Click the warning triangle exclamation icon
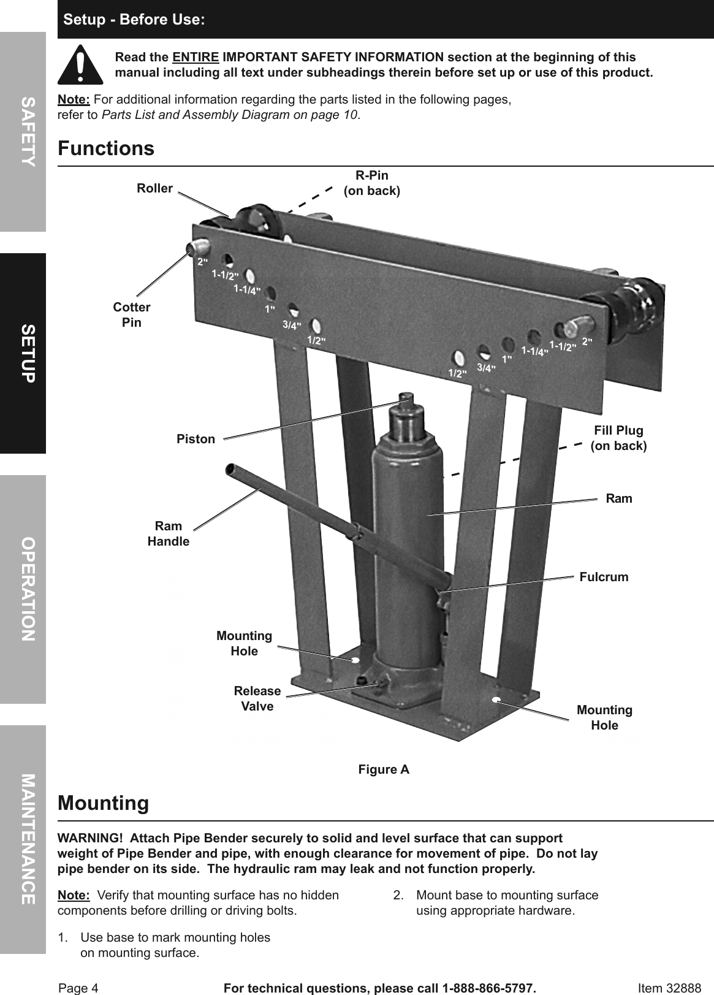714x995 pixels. (80, 64)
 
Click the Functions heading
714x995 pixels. (106, 149)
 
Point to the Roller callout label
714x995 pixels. (154, 188)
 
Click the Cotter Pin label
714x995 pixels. (132, 315)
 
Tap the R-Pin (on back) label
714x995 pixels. (372, 183)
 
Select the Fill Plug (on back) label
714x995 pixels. (618, 438)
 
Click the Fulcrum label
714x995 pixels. (604, 577)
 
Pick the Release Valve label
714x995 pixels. (257, 698)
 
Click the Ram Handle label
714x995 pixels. (169, 533)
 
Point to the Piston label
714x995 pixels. (196, 439)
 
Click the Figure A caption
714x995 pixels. (384, 769)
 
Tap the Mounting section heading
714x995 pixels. (103, 803)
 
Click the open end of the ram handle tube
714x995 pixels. (230, 471)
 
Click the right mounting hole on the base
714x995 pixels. (496, 699)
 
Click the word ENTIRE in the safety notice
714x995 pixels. (196, 57)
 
